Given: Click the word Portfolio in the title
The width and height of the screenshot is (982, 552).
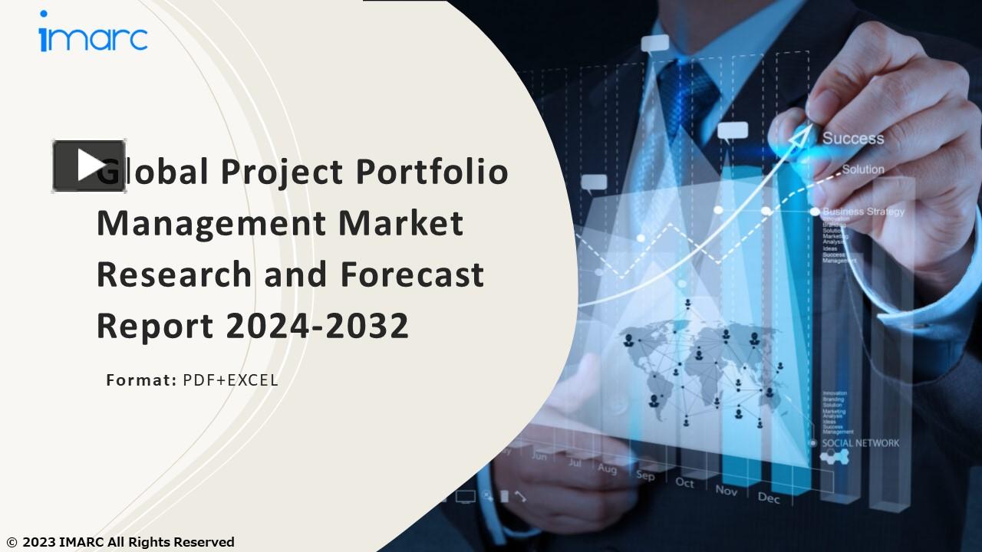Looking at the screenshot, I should pos(431,171).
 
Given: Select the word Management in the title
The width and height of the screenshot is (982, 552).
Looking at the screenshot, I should pos(210,223).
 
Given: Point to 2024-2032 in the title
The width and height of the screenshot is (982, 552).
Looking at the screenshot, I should pos(317,326).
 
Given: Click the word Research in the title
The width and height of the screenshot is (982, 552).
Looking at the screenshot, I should pos(173,274).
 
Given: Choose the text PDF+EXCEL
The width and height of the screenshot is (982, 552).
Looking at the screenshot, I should pos(230,379).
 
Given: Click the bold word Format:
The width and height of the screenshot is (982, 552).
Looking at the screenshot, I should pos(141,379).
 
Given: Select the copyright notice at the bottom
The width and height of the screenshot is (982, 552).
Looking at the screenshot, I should pos(120,542).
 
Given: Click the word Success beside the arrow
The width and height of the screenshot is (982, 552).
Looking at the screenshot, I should pos(853,139).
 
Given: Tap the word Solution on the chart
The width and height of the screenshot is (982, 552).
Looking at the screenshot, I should pos(863,169).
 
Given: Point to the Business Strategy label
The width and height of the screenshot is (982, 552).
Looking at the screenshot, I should pos(864,212).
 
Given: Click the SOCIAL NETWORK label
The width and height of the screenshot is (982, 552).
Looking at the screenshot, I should pos(861,443).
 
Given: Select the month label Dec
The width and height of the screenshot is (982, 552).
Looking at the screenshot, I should pos(769,497).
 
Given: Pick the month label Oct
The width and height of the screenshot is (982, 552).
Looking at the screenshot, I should pos(684,483).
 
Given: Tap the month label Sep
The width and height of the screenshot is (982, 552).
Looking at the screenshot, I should pos(645,476).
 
